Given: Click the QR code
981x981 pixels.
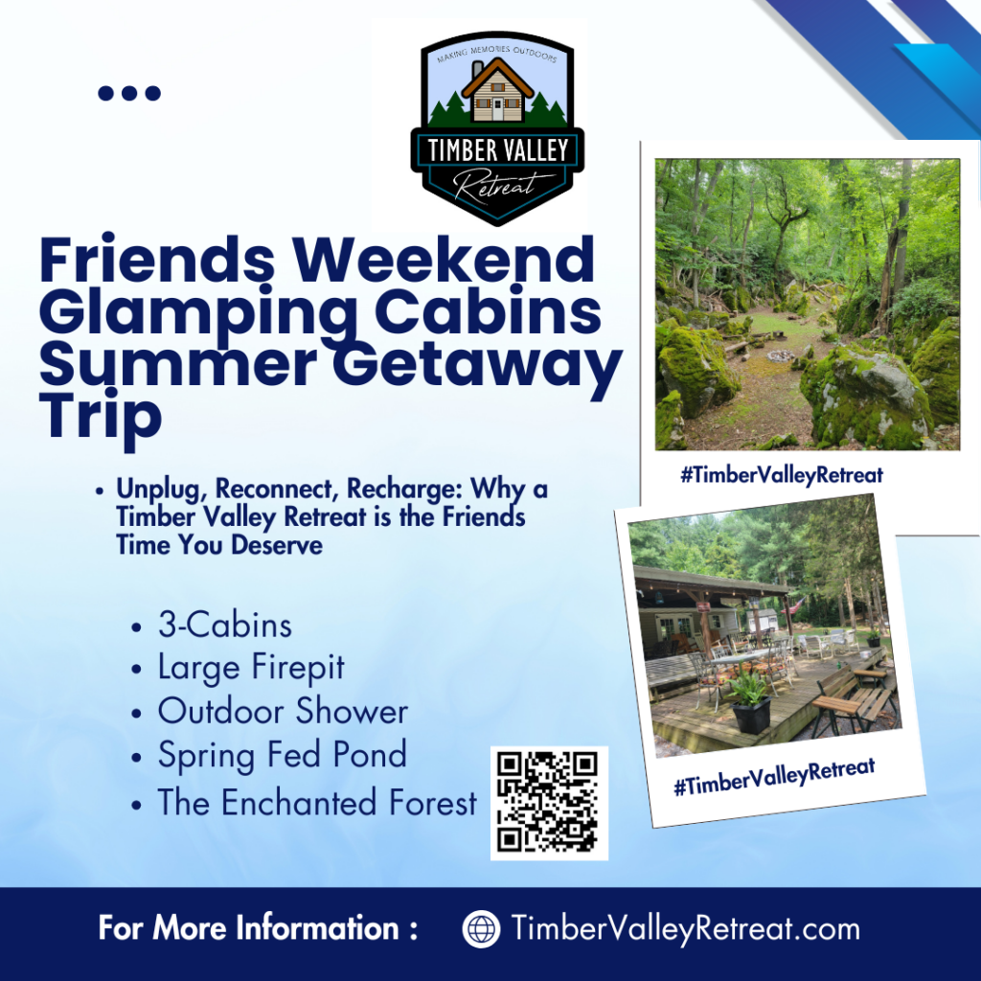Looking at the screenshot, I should pyautogui.click(x=549, y=803).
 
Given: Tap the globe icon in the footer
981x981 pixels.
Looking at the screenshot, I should pyautogui.click(x=481, y=928).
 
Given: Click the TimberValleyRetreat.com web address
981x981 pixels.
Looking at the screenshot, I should pyautogui.click(x=685, y=928).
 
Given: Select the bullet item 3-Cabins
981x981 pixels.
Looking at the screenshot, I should pyautogui.click(x=224, y=626).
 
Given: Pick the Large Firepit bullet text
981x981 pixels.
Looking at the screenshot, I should pyautogui.click(x=251, y=668).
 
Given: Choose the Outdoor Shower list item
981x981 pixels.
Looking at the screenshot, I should pyautogui.click(x=283, y=711).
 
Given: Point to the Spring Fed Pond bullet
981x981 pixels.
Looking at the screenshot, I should pyautogui.click(x=282, y=755).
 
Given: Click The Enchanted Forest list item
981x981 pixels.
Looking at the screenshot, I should pyautogui.click(x=316, y=802).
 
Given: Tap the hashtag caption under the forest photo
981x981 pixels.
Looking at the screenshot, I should pyautogui.click(x=782, y=474).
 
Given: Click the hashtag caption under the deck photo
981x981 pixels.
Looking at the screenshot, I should pyautogui.click(x=774, y=775).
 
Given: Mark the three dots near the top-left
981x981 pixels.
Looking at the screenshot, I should pyautogui.click(x=129, y=93).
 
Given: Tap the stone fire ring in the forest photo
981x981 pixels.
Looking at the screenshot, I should pyautogui.click(x=782, y=356).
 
